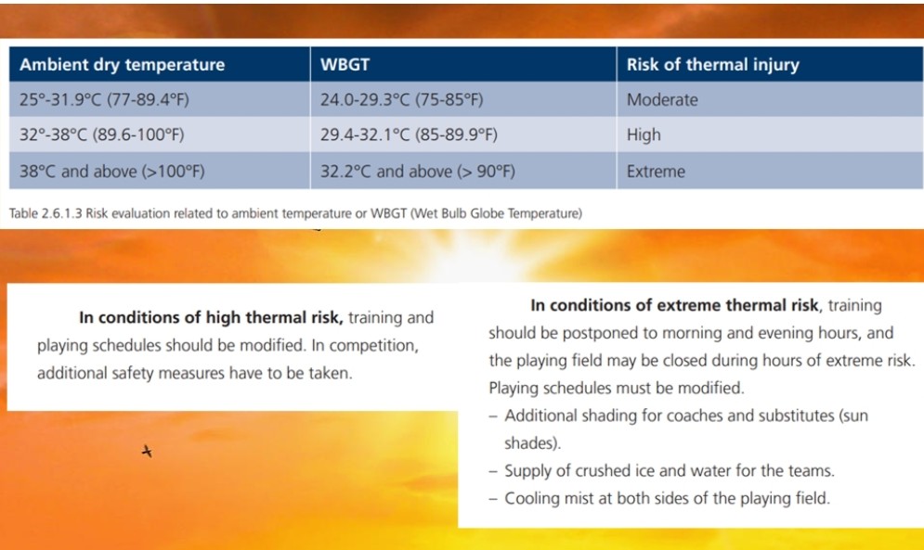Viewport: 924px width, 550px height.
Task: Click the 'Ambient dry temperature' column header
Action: tap(122, 64)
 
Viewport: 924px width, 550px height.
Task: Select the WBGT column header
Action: tap(345, 64)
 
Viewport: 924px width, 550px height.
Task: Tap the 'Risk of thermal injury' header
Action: tap(712, 64)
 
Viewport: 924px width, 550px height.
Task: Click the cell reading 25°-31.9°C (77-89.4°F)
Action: tap(104, 99)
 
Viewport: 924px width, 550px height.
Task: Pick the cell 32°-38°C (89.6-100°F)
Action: tap(102, 134)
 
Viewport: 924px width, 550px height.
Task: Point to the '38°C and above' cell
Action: tap(112, 172)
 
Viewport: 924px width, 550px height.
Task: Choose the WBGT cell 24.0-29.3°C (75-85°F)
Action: tap(402, 99)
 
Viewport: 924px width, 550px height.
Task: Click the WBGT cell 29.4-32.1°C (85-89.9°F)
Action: tap(409, 134)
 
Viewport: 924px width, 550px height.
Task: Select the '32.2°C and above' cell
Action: tap(418, 172)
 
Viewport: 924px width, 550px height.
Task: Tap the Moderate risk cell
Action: tap(662, 99)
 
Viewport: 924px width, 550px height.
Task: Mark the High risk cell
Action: tap(644, 134)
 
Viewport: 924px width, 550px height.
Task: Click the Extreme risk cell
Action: tap(656, 172)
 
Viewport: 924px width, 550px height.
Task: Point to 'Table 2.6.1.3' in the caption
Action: tap(46, 213)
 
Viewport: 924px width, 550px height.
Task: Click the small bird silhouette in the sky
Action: tap(147, 451)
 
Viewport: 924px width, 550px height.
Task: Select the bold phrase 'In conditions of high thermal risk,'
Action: tap(211, 317)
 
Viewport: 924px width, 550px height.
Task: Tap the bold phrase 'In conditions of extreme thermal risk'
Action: tap(675, 305)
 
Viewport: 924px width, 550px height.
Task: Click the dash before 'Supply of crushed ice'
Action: tap(493, 471)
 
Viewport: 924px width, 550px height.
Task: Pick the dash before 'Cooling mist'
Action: tap(493, 499)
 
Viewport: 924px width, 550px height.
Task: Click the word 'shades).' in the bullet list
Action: tap(532, 442)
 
